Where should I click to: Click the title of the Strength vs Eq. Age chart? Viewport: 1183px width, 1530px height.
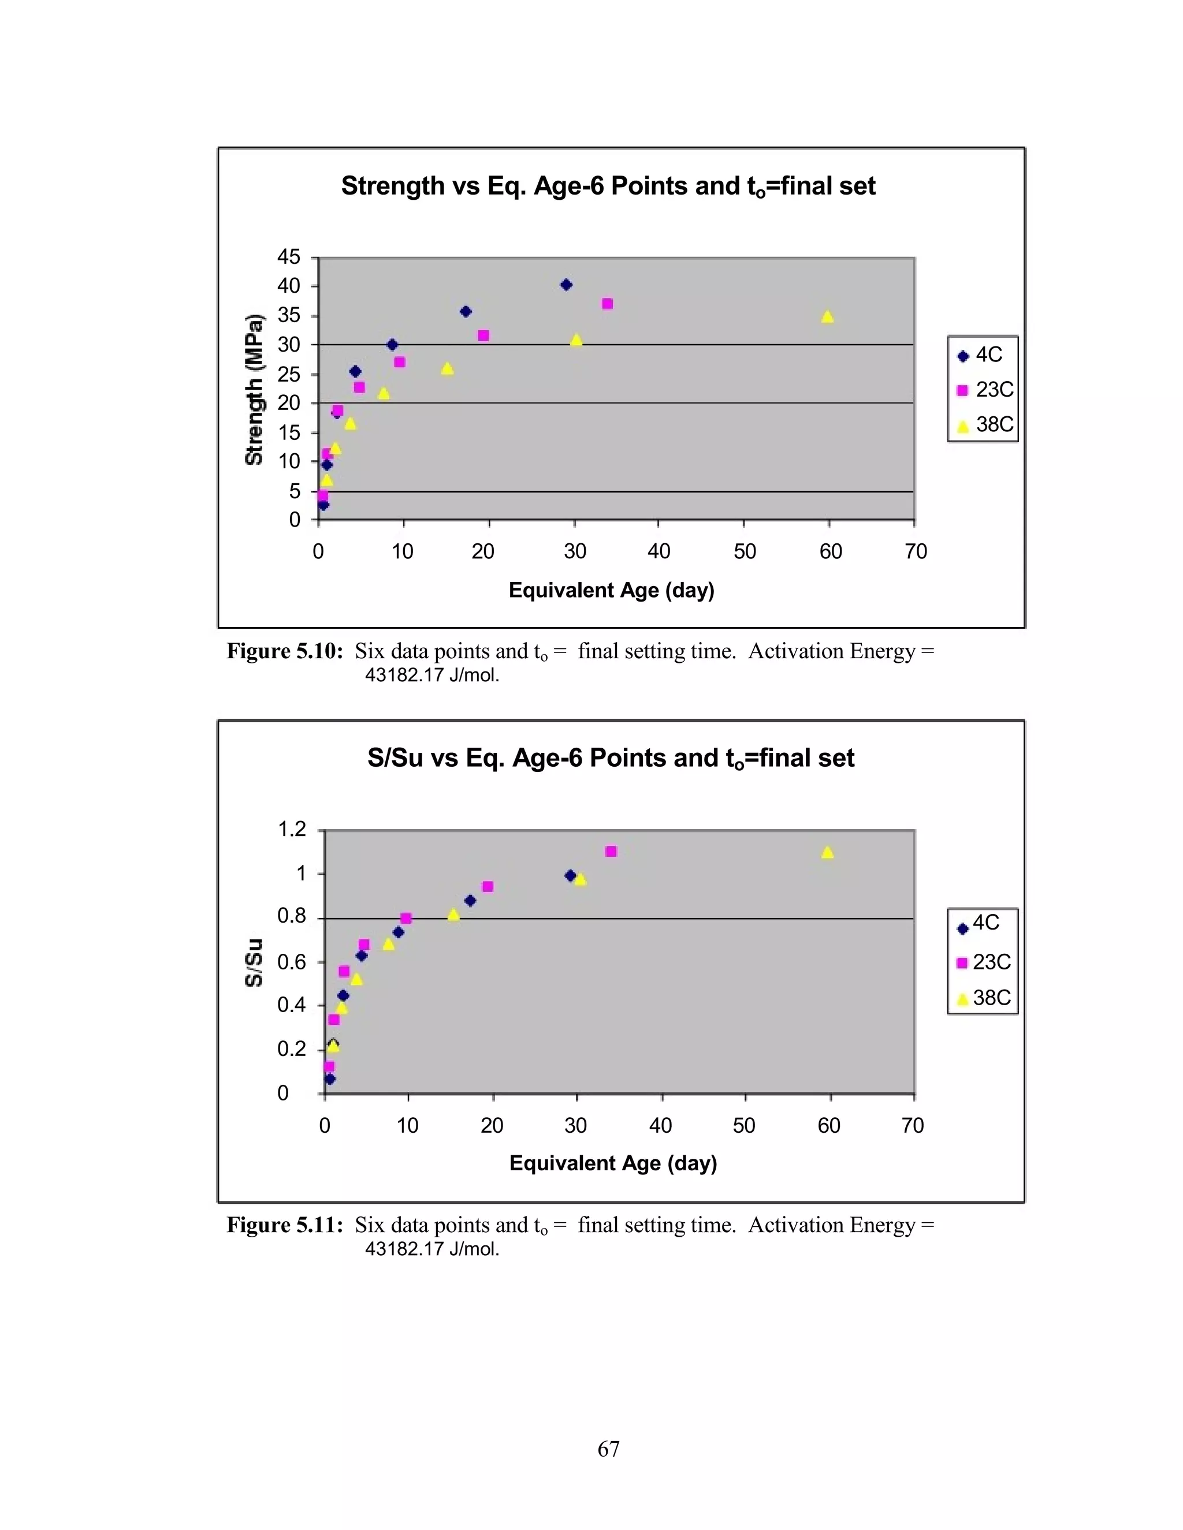tap(608, 186)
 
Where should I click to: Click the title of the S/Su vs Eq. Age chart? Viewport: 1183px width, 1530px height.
tap(611, 758)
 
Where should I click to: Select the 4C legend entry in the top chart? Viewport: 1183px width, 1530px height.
tap(981, 355)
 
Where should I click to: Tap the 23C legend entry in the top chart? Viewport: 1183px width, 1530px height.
tap(985, 390)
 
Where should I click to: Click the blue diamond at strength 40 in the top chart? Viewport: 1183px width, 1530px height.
tap(566, 285)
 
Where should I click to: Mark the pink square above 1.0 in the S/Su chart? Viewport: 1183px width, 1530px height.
tap(611, 851)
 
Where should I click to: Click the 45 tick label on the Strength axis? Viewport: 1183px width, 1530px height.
tap(288, 257)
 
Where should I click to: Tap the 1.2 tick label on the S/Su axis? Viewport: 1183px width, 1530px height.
tap(292, 830)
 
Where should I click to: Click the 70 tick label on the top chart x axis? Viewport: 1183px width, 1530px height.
tap(916, 552)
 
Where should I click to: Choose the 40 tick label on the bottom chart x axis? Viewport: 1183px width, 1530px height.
tap(660, 1126)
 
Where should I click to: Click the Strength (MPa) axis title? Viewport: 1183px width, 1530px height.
tap(254, 390)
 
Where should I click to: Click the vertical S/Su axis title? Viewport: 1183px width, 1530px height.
tap(254, 962)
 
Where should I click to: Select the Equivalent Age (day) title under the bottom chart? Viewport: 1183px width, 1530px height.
tap(612, 1163)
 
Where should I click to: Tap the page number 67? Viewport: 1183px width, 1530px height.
tap(608, 1449)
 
